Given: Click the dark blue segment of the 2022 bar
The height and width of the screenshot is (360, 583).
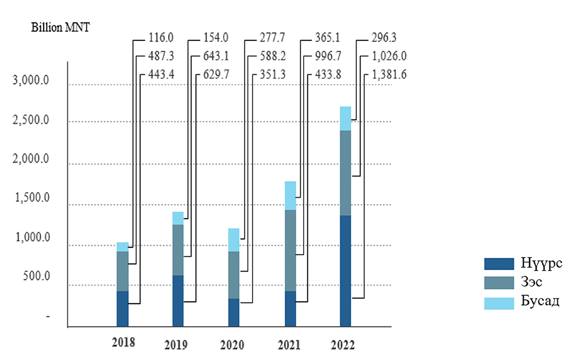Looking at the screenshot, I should click(345, 271).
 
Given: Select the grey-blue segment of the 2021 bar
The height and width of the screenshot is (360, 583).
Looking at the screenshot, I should click(290, 250).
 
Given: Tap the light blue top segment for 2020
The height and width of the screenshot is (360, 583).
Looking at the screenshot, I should click(234, 240).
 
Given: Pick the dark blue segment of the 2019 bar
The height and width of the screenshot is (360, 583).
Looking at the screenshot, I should click(178, 301).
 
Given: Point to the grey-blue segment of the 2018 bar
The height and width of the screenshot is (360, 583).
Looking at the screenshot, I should click(122, 271).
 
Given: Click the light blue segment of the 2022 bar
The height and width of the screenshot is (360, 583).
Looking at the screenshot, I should click(345, 118).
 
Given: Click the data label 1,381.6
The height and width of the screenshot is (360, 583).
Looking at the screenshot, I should click(389, 75).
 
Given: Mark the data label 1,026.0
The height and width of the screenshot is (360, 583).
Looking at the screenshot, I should click(389, 56).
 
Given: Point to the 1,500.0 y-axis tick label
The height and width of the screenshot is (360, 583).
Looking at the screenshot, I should click(31, 199).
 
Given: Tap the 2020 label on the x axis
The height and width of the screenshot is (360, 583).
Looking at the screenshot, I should click(232, 345).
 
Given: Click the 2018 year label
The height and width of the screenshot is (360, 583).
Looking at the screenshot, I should click(123, 342).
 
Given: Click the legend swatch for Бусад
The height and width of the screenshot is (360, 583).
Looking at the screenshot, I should click(499, 303).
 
